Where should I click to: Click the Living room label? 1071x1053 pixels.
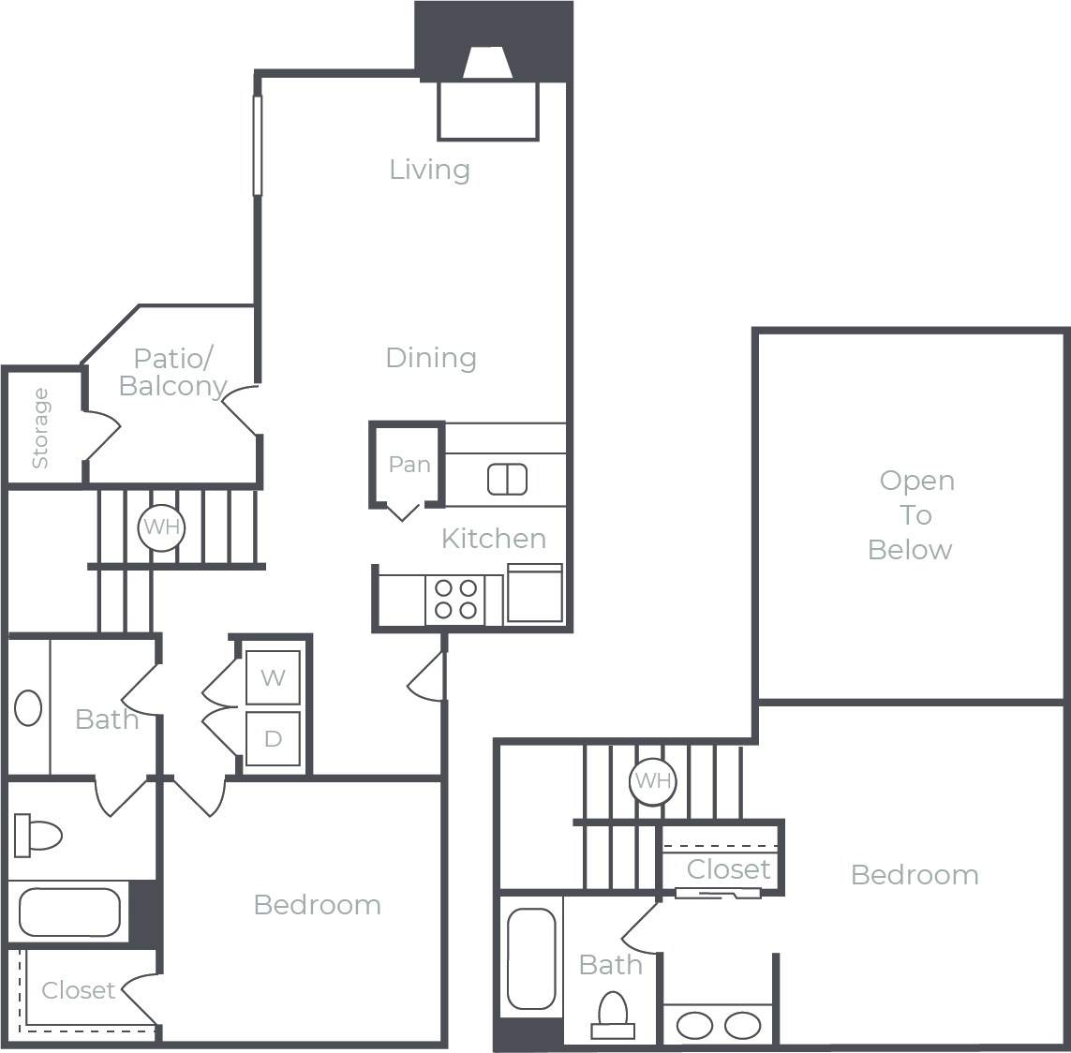pos(429,170)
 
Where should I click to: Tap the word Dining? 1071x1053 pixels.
pos(431,358)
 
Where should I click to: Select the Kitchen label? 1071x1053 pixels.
pos(494,539)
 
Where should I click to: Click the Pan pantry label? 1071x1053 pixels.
pos(409,465)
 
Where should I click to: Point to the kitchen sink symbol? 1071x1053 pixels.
pos(507,480)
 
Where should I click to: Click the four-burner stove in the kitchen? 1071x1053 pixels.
pos(455,600)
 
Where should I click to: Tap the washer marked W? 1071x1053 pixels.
pos(273,677)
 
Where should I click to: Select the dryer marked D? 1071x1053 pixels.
pos(273,739)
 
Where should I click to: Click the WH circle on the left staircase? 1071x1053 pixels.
pos(161,527)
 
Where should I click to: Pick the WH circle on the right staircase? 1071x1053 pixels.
pos(652,780)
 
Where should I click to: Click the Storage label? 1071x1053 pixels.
pos(40,428)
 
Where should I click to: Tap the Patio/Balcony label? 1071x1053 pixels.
pos(173,372)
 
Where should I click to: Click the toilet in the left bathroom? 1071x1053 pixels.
pos(37,834)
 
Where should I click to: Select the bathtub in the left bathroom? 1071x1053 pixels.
pos(69,912)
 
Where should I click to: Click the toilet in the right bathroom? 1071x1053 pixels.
pos(613,1016)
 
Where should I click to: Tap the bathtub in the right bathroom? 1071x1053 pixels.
pos(531,957)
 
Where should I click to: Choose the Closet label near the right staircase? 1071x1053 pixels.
pos(728,869)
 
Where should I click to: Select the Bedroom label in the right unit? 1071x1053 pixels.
pos(915,875)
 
